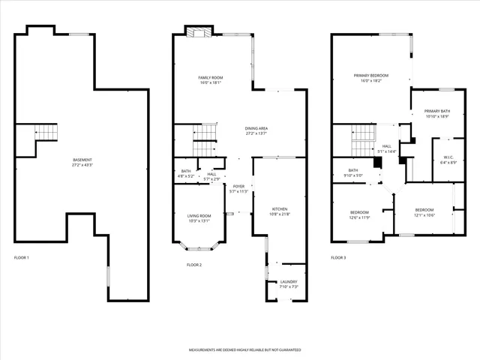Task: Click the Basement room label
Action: pos(82,162)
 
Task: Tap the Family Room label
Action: pos(209,80)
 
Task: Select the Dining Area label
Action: pos(256,131)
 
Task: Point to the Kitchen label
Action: pos(279,211)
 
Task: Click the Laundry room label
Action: pos(289,284)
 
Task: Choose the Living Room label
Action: pos(199,218)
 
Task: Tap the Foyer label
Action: pos(238,189)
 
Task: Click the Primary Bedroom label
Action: pos(371,78)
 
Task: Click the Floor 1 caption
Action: pos(22,258)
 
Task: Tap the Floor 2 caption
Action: pos(194,265)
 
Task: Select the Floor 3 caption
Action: pos(338,258)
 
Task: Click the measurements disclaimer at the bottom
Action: pos(244,350)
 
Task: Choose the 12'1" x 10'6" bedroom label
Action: pos(424,212)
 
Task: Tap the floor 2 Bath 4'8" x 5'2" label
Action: pos(186,173)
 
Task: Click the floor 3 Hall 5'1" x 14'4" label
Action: pos(387,149)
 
